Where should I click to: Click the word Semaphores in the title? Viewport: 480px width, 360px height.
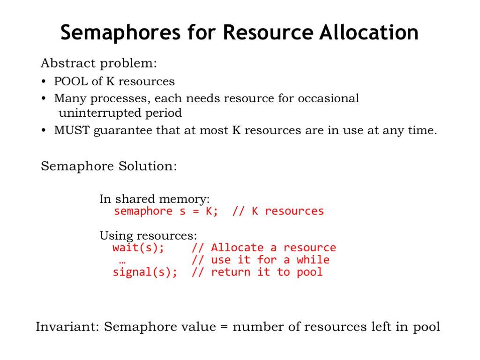pos(120,33)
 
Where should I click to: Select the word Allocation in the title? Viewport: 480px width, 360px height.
pos(368,32)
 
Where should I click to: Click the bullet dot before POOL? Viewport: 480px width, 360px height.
pos(44,82)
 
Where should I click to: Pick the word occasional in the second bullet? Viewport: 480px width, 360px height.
pos(328,98)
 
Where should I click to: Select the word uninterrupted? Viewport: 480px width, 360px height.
pos(100,113)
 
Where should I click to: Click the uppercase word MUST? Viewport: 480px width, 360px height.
pos(72,130)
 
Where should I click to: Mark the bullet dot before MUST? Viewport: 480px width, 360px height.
pos(44,130)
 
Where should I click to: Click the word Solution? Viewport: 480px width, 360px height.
pos(148,166)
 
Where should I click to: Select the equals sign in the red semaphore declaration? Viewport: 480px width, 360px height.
pos(196,211)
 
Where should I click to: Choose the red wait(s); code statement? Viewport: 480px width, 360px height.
pos(138,247)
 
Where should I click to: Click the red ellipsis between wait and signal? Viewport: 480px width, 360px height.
pos(122,262)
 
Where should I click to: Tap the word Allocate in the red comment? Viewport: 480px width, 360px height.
pos(237,247)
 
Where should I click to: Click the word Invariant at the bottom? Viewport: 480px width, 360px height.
pos(67,327)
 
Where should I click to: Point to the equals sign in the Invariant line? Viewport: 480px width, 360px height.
pos(225,327)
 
